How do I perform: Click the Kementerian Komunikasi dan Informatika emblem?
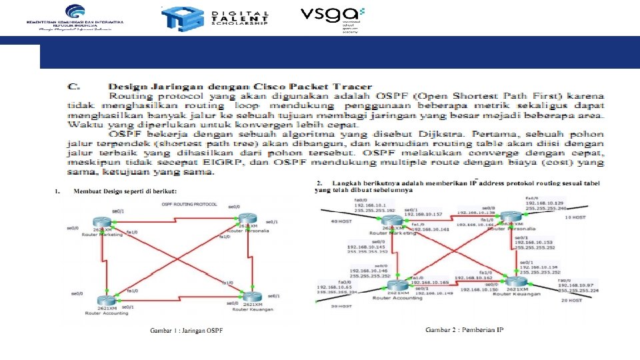[x=75, y=11]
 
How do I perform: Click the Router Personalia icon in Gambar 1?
[x=246, y=219]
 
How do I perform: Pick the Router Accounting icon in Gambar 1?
[x=104, y=300]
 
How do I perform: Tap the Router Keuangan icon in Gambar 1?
[x=251, y=296]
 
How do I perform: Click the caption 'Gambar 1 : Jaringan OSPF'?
[x=186, y=331]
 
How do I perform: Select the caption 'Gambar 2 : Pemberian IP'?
[x=465, y=329]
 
